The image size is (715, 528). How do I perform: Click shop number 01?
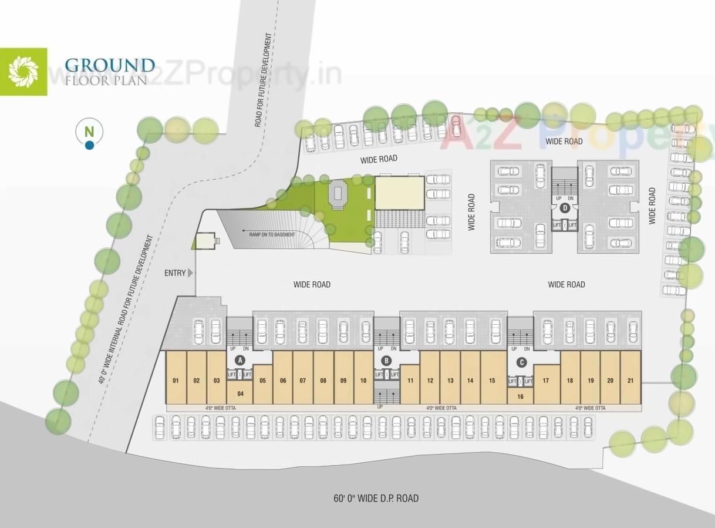pos(176,381)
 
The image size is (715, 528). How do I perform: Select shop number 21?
pos(630,381)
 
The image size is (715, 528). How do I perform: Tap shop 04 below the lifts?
pos(240,393)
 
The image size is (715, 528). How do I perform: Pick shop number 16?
pos(520,396)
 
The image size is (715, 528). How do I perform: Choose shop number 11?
pos(410,381)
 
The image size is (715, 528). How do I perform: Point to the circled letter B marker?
pos(386,361)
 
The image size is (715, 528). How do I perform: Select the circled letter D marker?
pos(565,207)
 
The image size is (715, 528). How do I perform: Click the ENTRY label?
pos(176,273)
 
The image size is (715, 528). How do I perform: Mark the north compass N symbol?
pos(89,132)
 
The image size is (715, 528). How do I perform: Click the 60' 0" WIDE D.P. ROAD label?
pos(376,499)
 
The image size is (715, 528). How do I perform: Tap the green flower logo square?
pos(23,72)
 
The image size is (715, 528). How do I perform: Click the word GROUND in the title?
pos(110,65)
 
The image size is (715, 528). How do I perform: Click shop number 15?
pos(491,381)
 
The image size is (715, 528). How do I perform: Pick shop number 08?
pos(323,381)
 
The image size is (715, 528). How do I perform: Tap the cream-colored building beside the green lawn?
pos(399,193)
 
